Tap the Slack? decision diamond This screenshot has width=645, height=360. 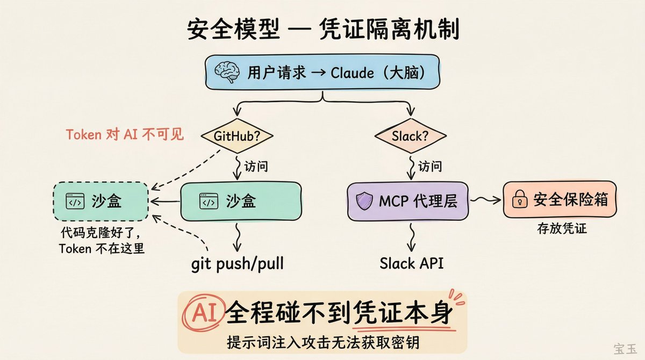tap(410, 136)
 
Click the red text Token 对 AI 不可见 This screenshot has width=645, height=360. tap(125, 134)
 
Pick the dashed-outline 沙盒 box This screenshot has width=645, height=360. tap(101, 201)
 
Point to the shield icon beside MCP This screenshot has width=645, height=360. tap(365, 201)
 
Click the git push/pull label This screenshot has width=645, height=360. tap(238, 264)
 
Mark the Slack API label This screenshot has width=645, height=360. tap(412, 264)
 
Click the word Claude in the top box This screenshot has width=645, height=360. tap(352, 72)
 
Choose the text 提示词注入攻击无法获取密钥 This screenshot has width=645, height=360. tap(322, 342)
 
